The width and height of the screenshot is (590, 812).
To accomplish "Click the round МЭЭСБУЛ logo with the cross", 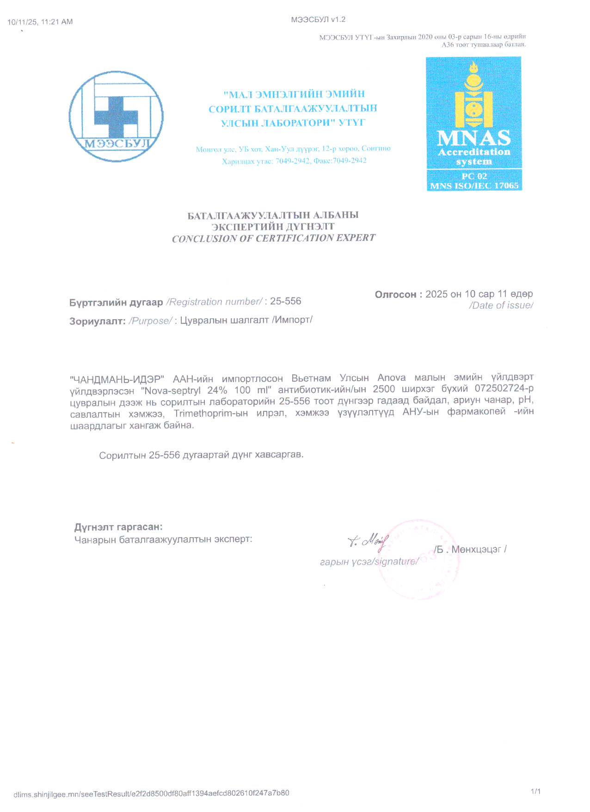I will (x=116, y=116).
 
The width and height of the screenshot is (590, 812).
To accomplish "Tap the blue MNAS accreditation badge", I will (x=474, y=124).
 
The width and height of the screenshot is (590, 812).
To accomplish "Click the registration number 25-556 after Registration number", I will (x=286, y=301).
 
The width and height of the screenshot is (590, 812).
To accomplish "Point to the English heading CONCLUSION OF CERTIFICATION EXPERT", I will (x=274, y=238).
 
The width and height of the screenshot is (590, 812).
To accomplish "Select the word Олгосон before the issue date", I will (x=395, y=294).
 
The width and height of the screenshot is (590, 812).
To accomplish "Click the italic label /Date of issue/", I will (x=501, y=305).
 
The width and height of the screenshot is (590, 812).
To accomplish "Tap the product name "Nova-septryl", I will (x=170, y=390).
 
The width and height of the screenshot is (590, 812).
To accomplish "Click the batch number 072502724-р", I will (x=504, y=388).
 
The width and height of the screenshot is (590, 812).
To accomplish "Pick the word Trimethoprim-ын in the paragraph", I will (x=211, y=413).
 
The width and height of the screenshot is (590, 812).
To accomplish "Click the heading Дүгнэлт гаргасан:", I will (x=118, y=527).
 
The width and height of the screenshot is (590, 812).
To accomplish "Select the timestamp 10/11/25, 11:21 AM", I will (x=40, y=22).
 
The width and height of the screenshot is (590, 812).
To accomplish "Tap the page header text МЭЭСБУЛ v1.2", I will (x=319, y=19).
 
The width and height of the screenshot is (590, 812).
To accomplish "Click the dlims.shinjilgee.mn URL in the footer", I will (x=151, y=793).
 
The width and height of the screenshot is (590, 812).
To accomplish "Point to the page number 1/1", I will (x=536, y=791).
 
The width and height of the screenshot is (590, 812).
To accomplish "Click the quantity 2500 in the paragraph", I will (x=384, y=389).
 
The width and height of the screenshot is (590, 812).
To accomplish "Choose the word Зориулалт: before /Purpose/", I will (x=98, y=321).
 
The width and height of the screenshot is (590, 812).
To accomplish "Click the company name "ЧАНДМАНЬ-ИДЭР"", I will (x=117, y=379).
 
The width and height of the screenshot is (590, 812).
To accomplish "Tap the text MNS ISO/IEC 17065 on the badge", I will (x=474, y=186).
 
